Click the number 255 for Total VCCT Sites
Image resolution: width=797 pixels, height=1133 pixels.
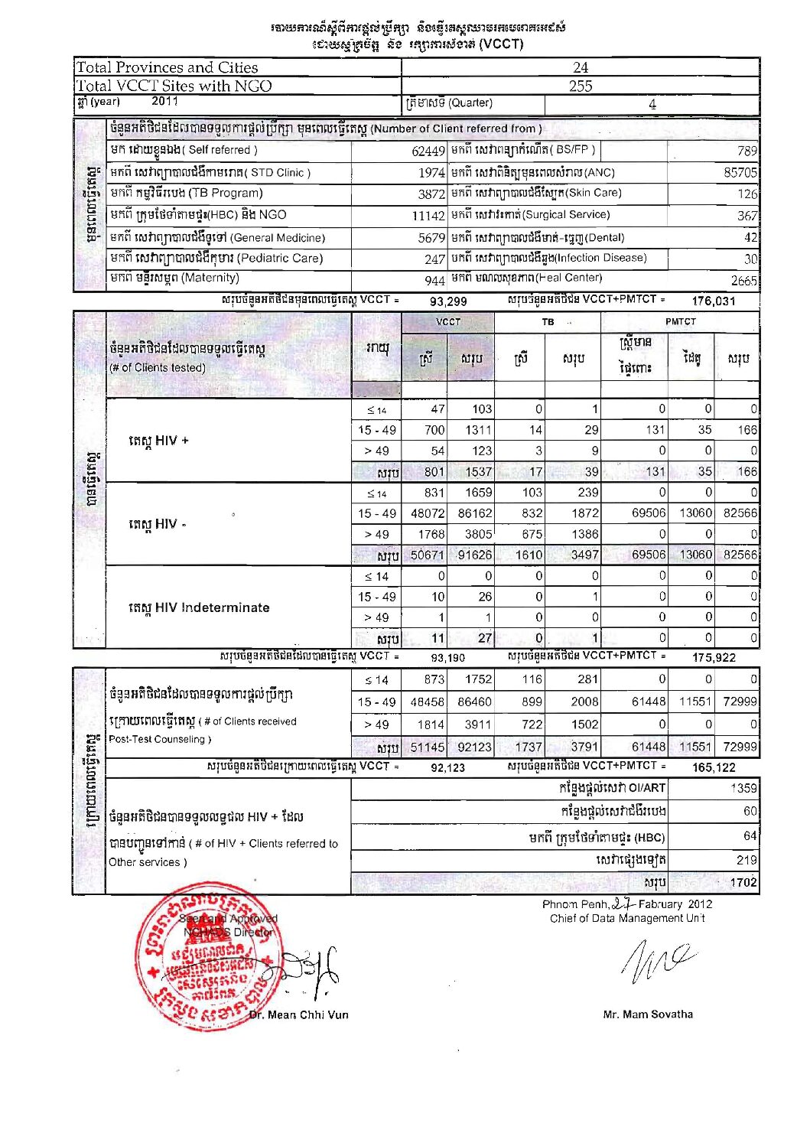580,86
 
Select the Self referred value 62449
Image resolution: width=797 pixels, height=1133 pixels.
428,151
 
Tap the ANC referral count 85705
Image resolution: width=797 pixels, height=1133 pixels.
740,173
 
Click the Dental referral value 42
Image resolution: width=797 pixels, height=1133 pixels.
750,238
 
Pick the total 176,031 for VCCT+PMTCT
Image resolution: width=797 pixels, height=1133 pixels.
713,301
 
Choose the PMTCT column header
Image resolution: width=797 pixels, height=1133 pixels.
680,322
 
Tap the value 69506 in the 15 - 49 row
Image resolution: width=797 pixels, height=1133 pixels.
649,513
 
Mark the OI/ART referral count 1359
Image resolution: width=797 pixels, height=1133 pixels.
743,788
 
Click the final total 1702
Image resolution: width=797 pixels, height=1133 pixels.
743,882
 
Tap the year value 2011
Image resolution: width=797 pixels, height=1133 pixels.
164,101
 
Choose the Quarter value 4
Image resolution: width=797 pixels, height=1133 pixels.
652,104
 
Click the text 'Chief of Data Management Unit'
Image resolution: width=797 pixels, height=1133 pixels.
626,918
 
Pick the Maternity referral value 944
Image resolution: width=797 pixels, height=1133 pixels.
434,280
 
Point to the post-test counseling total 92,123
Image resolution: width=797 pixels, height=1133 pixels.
447,767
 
